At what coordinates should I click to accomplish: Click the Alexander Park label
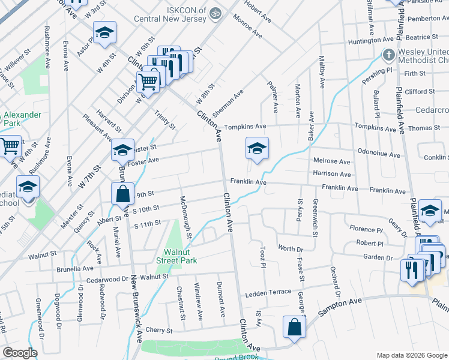point(21,118)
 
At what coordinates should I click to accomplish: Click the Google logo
point(20,353)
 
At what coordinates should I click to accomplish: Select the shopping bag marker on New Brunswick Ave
point(122,194)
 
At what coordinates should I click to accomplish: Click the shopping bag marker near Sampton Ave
point(294,328)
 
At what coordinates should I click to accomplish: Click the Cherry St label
point(159,330)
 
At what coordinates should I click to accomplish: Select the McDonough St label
point(185,217)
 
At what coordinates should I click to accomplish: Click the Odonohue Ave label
point(378,154)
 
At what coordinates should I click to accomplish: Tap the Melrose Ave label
point(331,161)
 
